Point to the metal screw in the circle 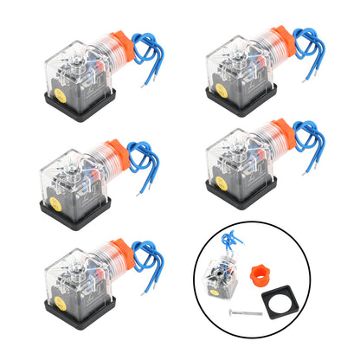tap(249, 312)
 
